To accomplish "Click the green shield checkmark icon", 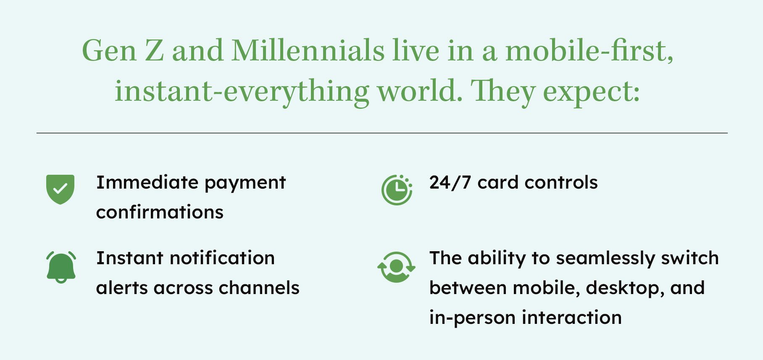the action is coord(60,189).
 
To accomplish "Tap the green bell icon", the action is coord(61,268).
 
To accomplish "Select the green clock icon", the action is coord(397,190).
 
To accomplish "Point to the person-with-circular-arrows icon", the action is coord(396,267).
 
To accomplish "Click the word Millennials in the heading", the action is coord(308,51).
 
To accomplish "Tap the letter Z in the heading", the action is coord(154,51).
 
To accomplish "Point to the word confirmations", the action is coord(160,212).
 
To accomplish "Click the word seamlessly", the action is coord(605,259).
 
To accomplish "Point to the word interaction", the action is coord(572,317).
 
